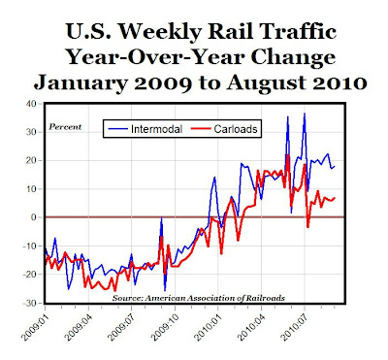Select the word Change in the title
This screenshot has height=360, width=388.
(293, 57)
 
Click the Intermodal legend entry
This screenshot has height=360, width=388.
(145, 129)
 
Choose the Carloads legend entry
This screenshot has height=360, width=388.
(224, 129)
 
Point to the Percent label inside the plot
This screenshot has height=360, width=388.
(65, 127)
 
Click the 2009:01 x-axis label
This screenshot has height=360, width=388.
(33, 326)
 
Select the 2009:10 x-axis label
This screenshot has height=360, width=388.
(164, 326)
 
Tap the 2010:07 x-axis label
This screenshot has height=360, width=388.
(293, 326)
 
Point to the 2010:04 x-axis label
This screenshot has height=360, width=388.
(249, 326)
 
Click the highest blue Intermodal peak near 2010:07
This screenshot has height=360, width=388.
(305, 114)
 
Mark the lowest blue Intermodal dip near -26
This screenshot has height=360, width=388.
(165, 290)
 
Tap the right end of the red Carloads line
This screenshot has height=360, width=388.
(335, 198)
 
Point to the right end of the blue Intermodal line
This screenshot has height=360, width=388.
(335, 166)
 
